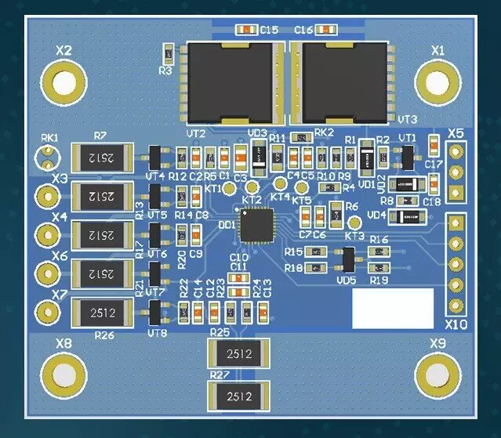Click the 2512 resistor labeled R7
(100, 158)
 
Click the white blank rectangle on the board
(392, 308)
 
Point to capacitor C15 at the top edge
(245, 30)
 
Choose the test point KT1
(229, 189)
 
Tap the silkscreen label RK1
(49, 137)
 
